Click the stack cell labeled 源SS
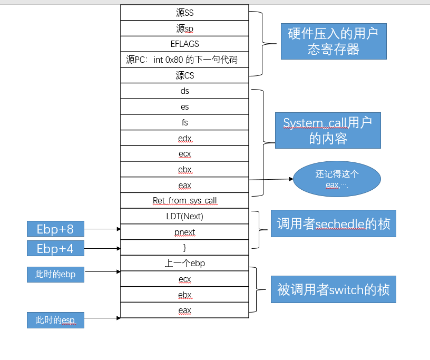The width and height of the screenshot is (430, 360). tap(184, 13)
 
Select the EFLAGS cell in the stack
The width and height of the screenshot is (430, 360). tap(184, 44)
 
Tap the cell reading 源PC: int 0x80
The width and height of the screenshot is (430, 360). tap(184, 60)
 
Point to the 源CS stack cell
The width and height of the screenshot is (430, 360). tap(184, 75)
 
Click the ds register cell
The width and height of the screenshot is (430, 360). tap(184, 91)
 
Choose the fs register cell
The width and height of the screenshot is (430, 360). tap(184, 122)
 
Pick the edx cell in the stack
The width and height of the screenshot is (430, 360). tap(184, 138)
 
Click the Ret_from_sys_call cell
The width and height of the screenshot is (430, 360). tap(184, 201)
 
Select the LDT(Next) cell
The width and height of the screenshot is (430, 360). tap(184, 216)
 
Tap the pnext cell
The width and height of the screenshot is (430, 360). tap(184, 232)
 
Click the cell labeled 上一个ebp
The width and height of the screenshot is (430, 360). tap(184, 264)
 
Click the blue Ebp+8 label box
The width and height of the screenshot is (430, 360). tap(55, 229)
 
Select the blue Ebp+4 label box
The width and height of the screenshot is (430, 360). tap(55, 248)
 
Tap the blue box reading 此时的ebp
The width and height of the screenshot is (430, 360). tap(55, 274)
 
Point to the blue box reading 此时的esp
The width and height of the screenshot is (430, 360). tap(55, 320)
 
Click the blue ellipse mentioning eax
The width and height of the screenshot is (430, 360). tap(337, 179)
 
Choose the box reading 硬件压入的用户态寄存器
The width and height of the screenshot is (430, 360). tap(333, 41)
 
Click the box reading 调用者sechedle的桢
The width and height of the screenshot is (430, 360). tap(333, 223)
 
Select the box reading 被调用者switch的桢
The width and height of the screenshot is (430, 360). tap(333, 289)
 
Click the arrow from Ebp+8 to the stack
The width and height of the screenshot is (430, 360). tap(102, 229)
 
